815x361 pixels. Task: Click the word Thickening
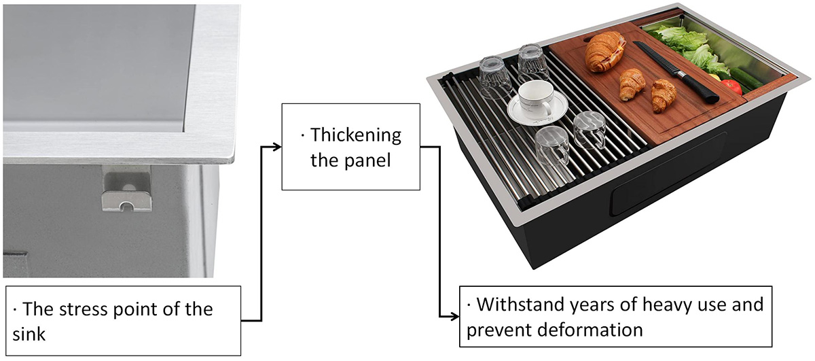click(356, 135)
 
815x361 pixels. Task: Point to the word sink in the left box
click(29, 334)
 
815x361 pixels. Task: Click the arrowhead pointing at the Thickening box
click(276, 146)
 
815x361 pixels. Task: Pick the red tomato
click(731, 87)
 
